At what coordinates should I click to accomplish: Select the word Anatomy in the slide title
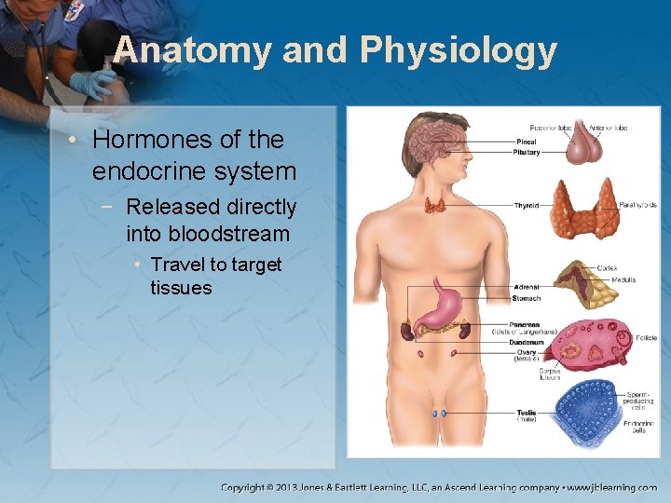[192, 50]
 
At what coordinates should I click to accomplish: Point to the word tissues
[181, 288]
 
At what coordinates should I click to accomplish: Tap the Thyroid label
[526, 205]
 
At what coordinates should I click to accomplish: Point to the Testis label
[527, 413]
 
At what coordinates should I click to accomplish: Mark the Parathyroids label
[637, 205]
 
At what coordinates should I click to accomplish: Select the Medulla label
[623, 279]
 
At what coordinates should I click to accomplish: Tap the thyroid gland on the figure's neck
[434, 206]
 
